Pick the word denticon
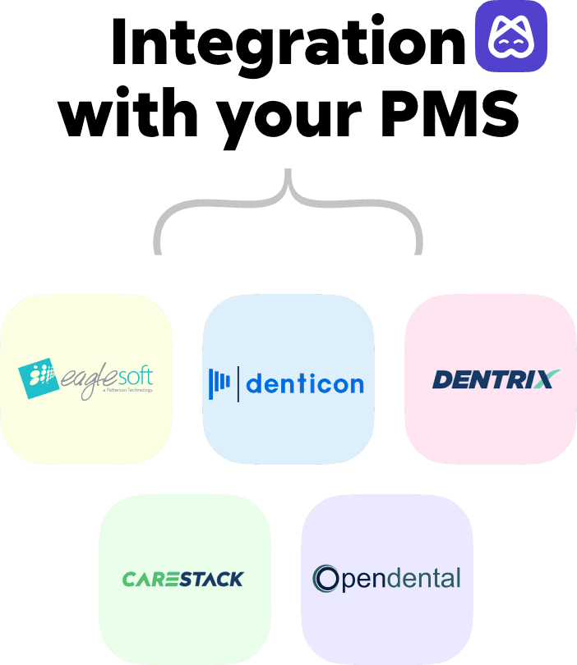pos(305,383)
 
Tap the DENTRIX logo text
pos(485,379)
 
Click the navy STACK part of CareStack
pos(211,579)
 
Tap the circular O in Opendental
pos(326,579)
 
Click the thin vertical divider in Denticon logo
pos(238,383)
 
